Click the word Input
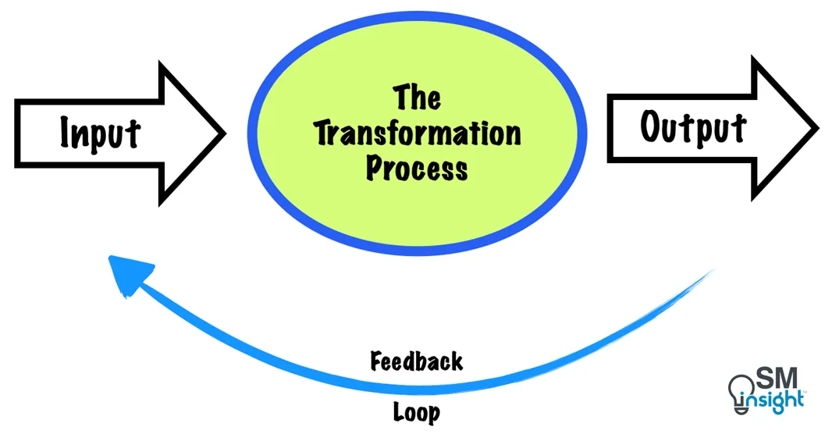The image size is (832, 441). click(101, 133)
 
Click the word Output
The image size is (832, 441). click(693, 127)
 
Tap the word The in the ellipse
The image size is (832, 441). click(417, 99)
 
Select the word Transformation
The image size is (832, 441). click(417, 133)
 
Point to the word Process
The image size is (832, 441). click(417, 168)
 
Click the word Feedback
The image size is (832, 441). click(417, 361)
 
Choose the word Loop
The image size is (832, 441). click(417, 411)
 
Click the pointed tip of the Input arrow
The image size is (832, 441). click(224, 133)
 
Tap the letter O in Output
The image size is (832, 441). click(652, 127)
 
